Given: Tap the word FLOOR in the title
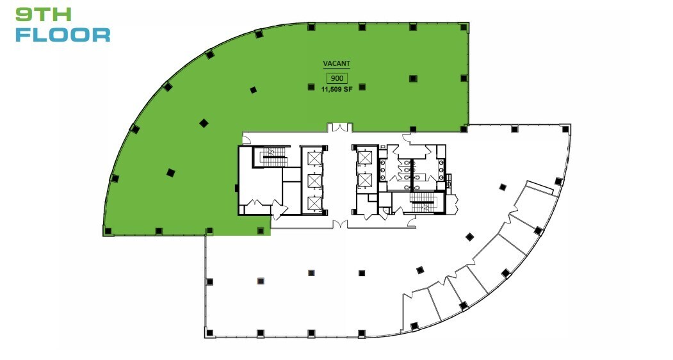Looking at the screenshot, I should tap(62, 34).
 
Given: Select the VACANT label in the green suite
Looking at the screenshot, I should tap(336, 64).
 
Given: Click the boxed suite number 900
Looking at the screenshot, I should tap(337, 78).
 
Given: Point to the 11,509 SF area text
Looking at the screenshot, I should tap(337, 90).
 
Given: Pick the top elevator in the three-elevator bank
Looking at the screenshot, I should tap(314, 158).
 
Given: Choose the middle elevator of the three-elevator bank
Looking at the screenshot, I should tap(314, 181).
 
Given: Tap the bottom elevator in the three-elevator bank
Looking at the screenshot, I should tap(314, 204).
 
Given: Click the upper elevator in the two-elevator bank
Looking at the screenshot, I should tap(364, 158).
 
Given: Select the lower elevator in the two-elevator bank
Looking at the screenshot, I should tap(364, 181).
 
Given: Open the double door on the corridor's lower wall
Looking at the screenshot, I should tap(339, 225).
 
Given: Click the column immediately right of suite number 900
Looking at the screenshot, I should tap(362, 87).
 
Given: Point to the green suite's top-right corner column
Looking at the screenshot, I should tap(464, 26).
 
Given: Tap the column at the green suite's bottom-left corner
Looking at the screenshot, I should tap(108, 231).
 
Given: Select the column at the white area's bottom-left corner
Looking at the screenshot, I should tap(209, 332).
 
